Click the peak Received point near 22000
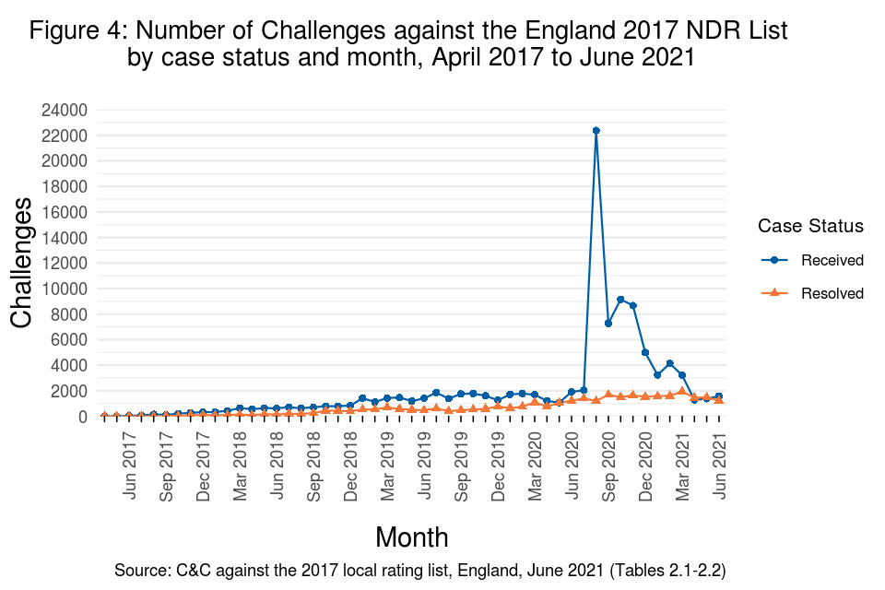tap(596, 131)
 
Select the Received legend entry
tap(832, 260)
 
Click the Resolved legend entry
tap(832, 293)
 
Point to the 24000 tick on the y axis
tap(65, 111)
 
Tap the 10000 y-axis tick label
tap(65, 289)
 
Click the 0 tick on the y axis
tap(82, 417)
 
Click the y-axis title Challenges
tap(23, 263)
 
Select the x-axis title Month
tap(412, 537)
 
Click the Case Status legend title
tap(809, 226)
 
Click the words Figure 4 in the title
tap(78, 30)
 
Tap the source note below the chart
tap(419, 571)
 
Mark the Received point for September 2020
tap(608, 324)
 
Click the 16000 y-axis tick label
tap(65, 212)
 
